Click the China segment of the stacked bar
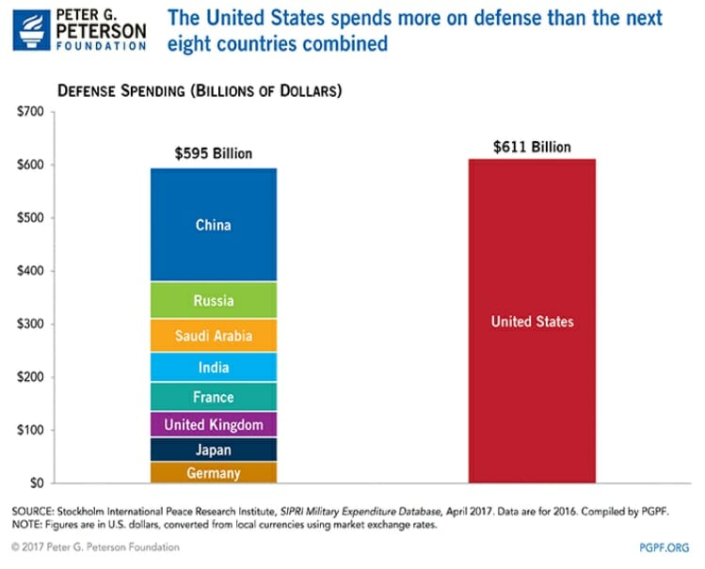(213, 225)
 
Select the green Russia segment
(213, 301)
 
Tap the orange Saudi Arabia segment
(213, 336)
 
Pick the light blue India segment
(213, 367)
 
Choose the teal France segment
(213, 397)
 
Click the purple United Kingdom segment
(213, 425)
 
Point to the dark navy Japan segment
(213, 450)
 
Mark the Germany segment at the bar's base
(213, 473)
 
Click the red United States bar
(532, 322)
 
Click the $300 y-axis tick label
(31, 324)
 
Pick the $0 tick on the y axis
(37, 483)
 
